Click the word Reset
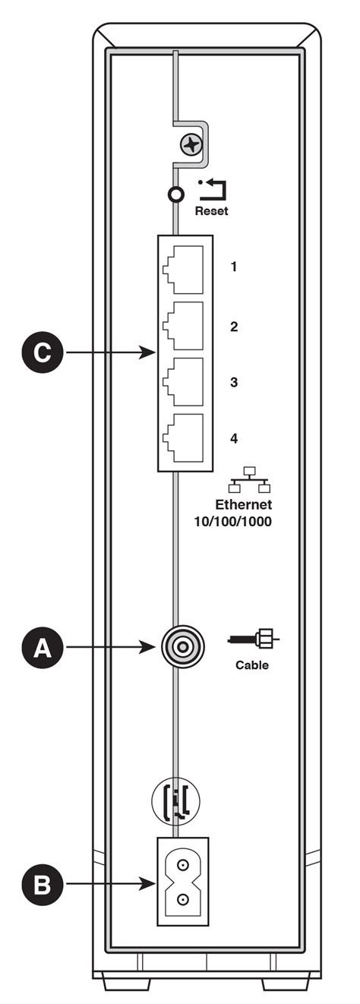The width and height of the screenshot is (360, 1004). pyautogui.click(x=211, y=211)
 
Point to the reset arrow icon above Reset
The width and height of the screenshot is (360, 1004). pyautogui.click(x=210, y=188)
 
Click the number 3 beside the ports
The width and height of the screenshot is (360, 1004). pyautogui.click(x=234, y=382)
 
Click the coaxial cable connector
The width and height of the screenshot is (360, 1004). pyautogui.click(x=180, y=647)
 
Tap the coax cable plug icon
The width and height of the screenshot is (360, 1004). pyautogui.click(x=254, y=640)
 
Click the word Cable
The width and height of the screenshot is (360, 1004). pyautogui.click(x=251, y=665)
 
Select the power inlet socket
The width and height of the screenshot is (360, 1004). pyautogui.click(x=182, y=882)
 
